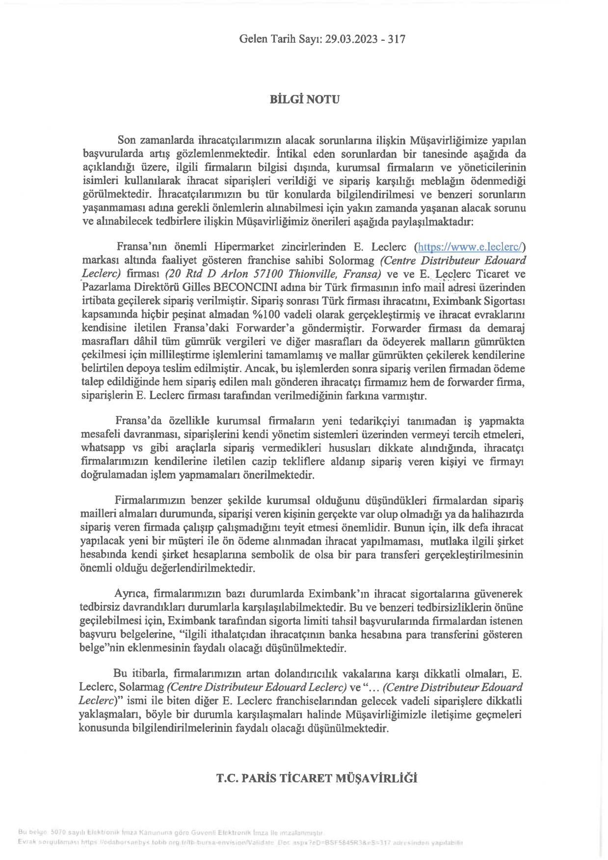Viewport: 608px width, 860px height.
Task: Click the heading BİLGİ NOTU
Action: tap(304, 99)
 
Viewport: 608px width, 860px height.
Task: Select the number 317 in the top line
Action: tap(397, 39)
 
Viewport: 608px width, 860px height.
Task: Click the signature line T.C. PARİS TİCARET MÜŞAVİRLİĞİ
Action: tap(317, 779)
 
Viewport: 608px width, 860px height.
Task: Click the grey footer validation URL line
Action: tap(240, 842)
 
